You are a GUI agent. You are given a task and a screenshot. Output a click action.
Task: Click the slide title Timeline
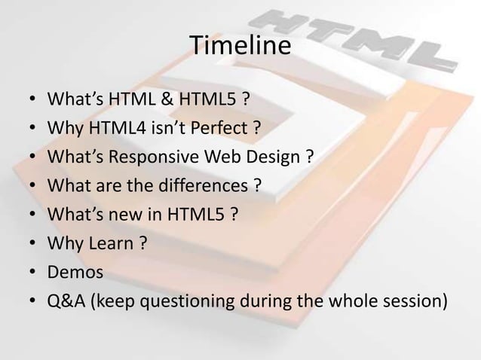click(240, 46)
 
